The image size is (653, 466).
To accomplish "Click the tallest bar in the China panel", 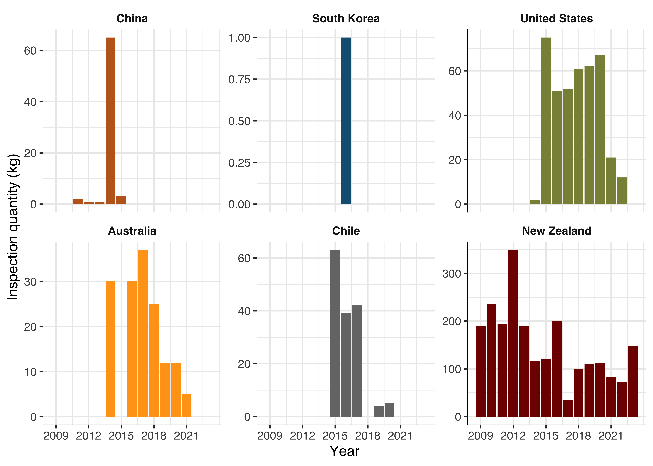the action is pyautogui.click(x=110, y=121).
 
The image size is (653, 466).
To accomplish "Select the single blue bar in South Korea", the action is pyautogui.click(x=346, y=121).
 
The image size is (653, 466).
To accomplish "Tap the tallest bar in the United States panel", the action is pyautogui.click(x=546, y=121).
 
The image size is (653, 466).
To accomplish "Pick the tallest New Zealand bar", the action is pyautogui.click(x=513, y=333).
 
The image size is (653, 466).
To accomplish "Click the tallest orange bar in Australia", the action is pyautogui.click(x=143, y=333).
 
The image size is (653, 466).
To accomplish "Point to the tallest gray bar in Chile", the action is pyautogui.click(x=335, y=333).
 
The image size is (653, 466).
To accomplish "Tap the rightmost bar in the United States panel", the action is pyautogui.click(x=622, y=191).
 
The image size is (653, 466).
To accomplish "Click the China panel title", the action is pyautogui.click(x=132, y=19).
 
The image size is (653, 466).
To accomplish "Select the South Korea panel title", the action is pyautogui.click(x=346, y=19).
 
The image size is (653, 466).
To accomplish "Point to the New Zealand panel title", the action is pyautogui.click(x=557, y=231).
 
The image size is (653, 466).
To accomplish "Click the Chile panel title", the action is pyautogui.click(x=346, y=231).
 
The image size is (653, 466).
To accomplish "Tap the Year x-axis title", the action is pyautogui.click(x=345, y=451).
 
